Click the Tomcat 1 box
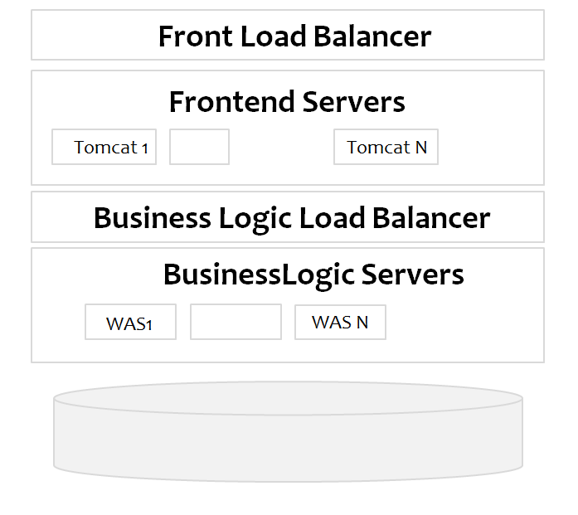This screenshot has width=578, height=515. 104,148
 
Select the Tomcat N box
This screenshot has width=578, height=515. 386,148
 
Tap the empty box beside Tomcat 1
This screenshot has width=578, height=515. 199,148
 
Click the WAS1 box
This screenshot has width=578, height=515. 130,323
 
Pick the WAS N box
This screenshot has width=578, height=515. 340,323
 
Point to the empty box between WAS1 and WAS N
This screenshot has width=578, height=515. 236,323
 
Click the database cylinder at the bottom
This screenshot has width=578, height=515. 288,435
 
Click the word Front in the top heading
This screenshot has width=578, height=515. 189,36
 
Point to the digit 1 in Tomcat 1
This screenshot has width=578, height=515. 145,148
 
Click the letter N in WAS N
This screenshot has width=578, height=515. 362,323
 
